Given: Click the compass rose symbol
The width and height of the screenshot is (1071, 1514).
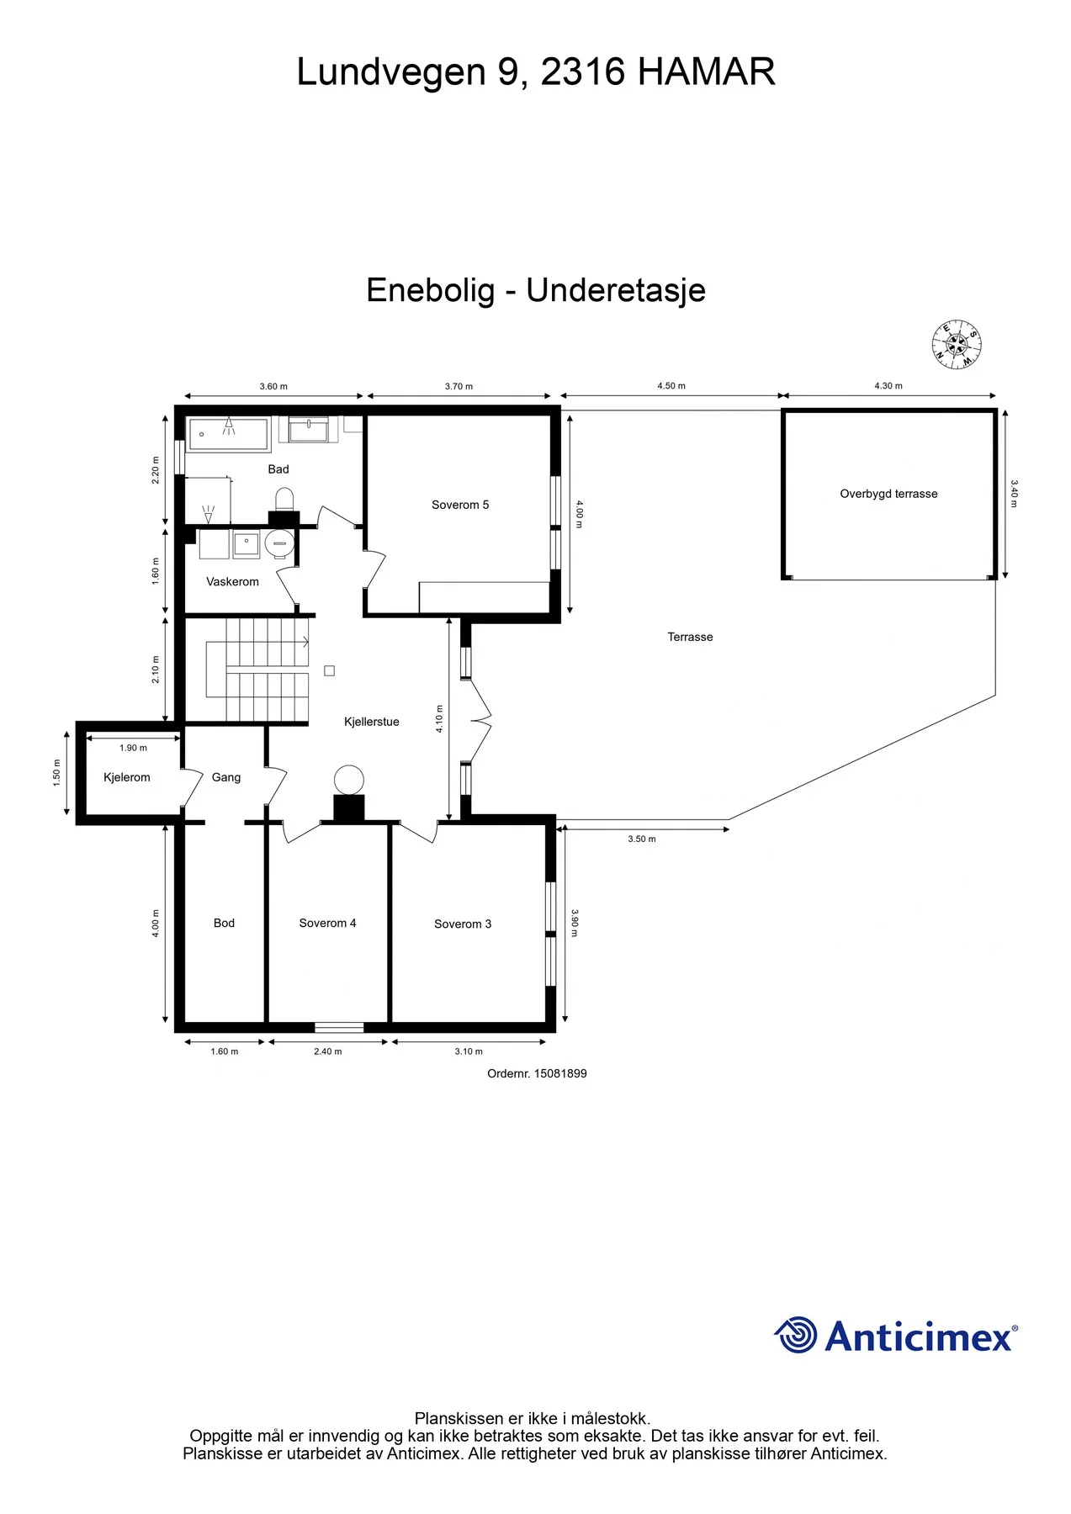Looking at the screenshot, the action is tap(957, 345).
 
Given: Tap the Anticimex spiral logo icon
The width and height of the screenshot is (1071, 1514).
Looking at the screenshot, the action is tap(795, 1335).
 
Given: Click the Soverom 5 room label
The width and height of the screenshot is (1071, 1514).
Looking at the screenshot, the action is tap(460, 505).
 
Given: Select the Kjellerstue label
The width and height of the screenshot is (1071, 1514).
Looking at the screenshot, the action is tap(372, 722).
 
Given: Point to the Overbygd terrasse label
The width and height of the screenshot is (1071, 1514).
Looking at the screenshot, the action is tap(888, 494).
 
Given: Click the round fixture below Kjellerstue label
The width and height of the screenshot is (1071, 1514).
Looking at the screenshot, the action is tap(349, 781).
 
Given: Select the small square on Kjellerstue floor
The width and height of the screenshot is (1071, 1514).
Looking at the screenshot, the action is tap(330, 670).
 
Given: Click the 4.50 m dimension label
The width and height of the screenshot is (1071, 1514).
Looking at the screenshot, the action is tap(671, 386).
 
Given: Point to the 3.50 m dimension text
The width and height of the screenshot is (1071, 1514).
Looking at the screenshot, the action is tap(642, 839).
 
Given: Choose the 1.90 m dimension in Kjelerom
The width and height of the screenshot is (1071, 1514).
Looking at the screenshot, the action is tap(133, 748).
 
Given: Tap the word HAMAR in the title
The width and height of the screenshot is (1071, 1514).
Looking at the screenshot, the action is tap(707, 72).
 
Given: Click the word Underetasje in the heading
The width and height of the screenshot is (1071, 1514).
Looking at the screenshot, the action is tap(616, 291).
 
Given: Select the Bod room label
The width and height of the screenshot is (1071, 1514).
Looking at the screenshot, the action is tap(224, 923).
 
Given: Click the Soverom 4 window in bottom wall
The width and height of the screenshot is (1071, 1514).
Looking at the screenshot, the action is tap(339, 1027).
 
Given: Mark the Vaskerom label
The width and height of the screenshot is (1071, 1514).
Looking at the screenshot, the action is tap(232, 581).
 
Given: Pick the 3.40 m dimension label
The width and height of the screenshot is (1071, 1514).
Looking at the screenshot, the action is tap(1014, 494).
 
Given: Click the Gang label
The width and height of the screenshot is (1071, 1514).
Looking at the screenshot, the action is tap(226, 777).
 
